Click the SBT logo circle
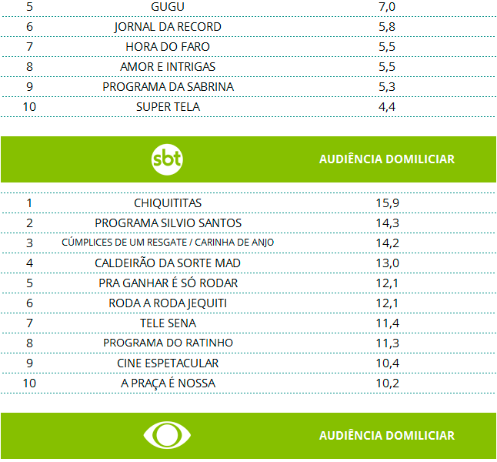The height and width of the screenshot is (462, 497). pyautogui.click(x=168, y=159)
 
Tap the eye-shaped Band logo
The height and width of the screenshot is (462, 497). pyautogui.click(x=168, y=435)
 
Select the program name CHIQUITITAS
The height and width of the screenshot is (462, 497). pyautogui.click(x=168, y=203)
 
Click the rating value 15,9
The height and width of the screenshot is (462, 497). pyautogui.click(x=387, y=203)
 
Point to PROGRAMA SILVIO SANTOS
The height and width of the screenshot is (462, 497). pyautogui.click(x=168, y=223)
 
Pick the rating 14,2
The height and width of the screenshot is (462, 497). pyautogui.click(x=387, y=243)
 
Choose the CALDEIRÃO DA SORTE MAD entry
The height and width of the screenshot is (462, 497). pyautogui.click(x=168, y=263)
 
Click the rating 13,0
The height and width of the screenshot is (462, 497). pyautogui.click(x=387, y=263)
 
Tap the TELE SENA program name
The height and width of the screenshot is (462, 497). pyautogui.click(x=168, y=323)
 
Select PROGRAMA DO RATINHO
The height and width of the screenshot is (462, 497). pyautogui.click(x=168, y=343)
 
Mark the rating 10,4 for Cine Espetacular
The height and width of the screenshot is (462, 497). pyautogui.click(x=387, y=363)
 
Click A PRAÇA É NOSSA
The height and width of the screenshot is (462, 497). pyautogui.click(x=168, y=383)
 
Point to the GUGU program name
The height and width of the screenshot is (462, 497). pyautogui.click(x=168, y=7)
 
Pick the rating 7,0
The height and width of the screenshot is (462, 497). pyautogui.click(x=387, y=7)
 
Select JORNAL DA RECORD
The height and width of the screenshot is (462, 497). pyautogui.click(x=168, y=27)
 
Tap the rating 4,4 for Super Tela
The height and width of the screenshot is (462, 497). pyautogui.click(x=387, y=107)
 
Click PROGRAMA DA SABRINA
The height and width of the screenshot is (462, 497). pyautogui.click(x=168, y=87)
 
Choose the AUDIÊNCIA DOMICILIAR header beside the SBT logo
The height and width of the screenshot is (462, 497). pyautogui.click(x=387, y=159)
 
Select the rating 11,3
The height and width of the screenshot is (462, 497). pyautogui.click(x=387, y=343)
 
